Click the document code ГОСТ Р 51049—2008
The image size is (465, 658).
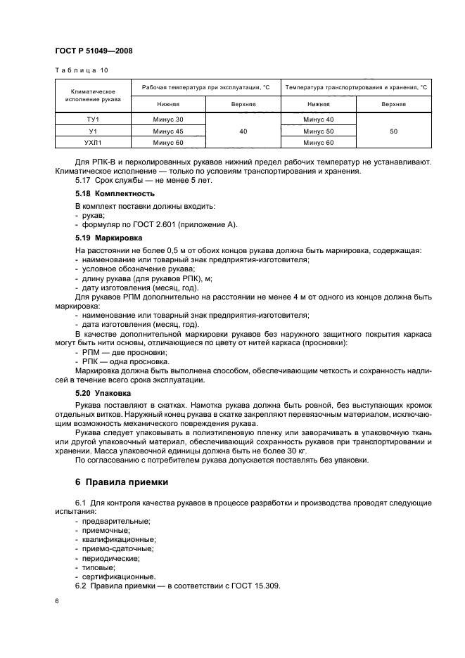click(93, 51)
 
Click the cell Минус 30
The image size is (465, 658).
click(168, 120)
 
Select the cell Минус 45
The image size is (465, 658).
click(168, 131)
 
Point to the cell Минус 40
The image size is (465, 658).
click(318, 120)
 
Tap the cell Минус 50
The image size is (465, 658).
click(318, 131)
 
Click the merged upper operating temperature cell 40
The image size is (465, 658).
click(243, 131)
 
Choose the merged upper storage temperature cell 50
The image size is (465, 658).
click(393, 131)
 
